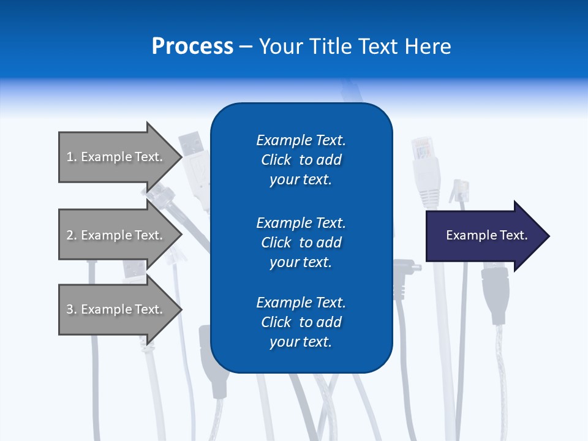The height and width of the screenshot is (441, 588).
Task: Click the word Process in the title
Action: [192, 47]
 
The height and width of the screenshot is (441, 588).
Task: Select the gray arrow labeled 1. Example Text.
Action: [116, 157]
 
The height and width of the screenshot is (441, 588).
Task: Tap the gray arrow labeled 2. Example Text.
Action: [116, 235]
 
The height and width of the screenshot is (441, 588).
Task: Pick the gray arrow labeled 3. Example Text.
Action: [116, 309]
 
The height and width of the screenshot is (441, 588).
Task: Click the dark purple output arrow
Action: [484, 236]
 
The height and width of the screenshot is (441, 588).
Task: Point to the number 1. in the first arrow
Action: [72, 157]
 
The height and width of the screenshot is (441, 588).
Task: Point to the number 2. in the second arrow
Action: [72, 235]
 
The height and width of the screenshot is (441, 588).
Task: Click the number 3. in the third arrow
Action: [72, 309]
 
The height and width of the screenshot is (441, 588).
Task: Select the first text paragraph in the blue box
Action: [301, 160]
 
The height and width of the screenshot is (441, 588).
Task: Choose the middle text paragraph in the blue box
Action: [301, 243]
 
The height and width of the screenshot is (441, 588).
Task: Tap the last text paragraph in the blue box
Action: [301, 322]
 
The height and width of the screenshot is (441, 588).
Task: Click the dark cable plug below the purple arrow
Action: [495, 294]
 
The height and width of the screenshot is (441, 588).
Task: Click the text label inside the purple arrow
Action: [486, 235]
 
